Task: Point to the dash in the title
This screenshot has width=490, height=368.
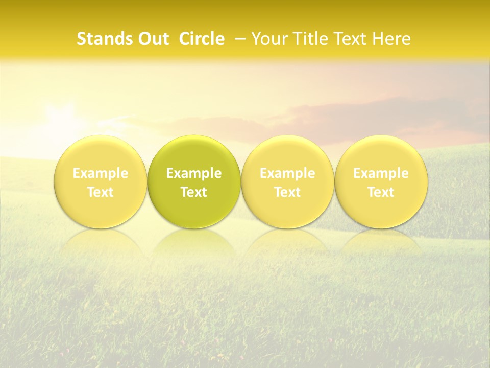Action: (238, 39)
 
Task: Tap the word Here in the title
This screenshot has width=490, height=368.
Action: (390, 39)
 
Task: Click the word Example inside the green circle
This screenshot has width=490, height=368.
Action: (194, 173)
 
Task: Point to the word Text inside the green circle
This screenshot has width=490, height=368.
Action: (194, 192)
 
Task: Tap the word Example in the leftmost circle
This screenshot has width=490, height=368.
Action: (101, 173)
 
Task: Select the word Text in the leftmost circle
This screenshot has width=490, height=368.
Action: (101, 192)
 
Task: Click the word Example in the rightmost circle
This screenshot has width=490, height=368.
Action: (381, 173)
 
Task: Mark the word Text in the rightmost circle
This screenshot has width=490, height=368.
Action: (381, 192)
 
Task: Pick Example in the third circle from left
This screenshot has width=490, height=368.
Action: (287, 173)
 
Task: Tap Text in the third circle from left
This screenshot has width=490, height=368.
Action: (287, 192)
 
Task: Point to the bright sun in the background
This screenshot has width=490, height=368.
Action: (64, 120)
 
